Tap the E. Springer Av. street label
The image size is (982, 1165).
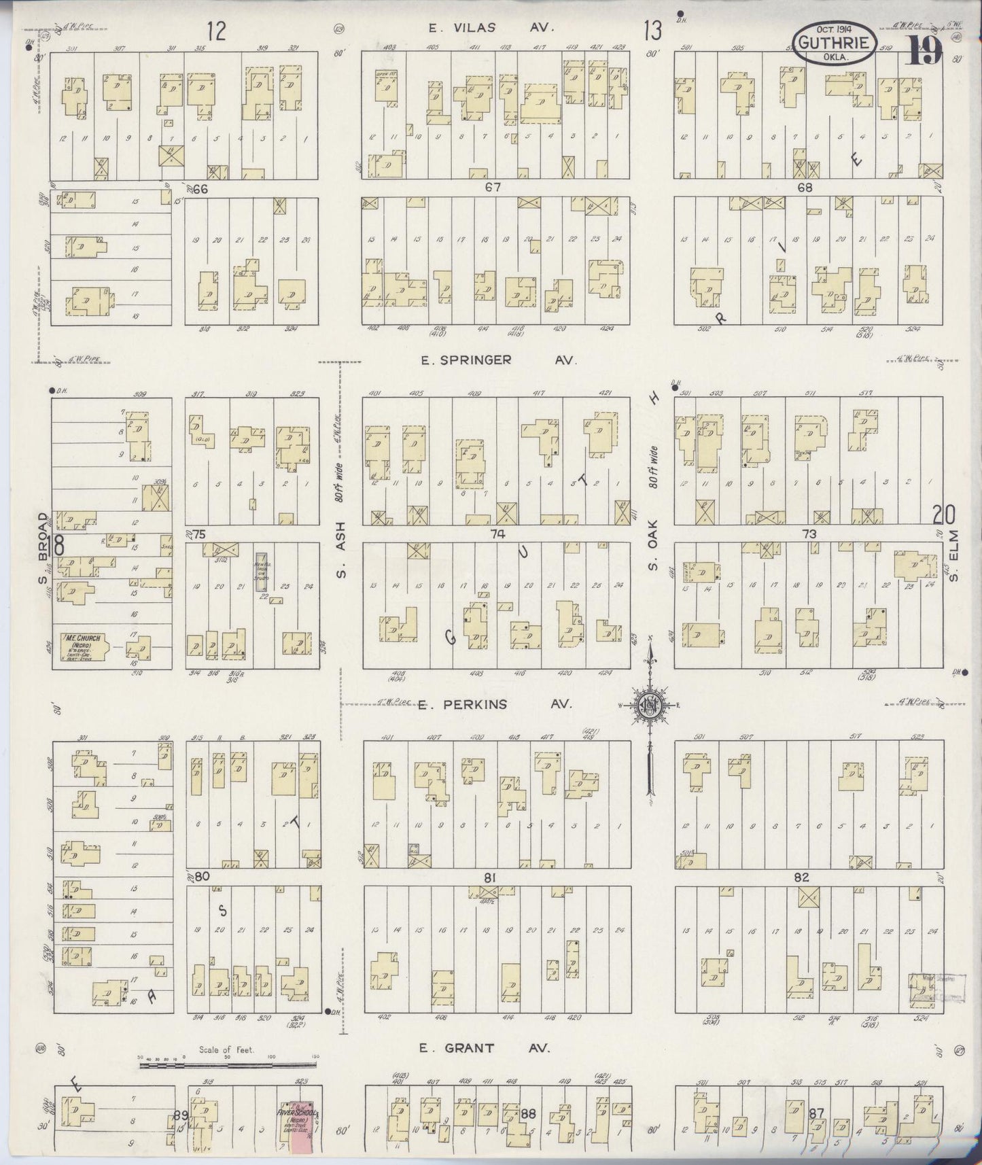coord(498,360)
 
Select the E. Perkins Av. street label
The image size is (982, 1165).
coord(495,705)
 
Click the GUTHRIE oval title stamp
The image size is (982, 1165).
coord(832,45)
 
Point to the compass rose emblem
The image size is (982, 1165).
coord(649,706)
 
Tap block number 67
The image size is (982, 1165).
coord(492,188)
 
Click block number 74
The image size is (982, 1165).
coord(497,534)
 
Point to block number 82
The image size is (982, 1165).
coord(802,877)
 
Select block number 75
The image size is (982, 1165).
coord(198,534)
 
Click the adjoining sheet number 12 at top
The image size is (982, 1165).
coord(216,31)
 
